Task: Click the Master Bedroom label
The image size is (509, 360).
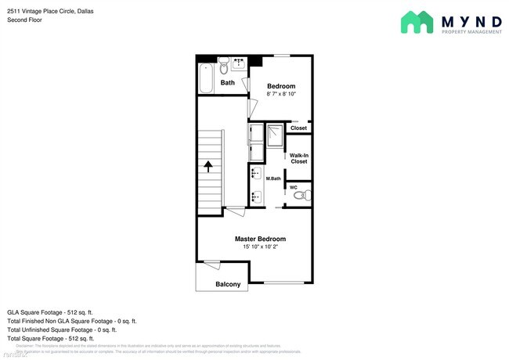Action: (260, 239)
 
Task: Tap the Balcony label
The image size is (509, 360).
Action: (228, 285)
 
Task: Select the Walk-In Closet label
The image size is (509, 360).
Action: (298, 159)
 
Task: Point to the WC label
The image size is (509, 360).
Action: (294, 187)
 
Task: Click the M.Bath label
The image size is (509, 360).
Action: (273, 179)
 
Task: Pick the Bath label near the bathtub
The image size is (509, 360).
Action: (227, 83)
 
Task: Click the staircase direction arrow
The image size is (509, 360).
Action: (209, 167)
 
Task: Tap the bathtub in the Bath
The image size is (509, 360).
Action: (206, 78)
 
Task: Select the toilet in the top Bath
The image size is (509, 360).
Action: (222, 61)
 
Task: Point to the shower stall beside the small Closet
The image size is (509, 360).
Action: (274, 137)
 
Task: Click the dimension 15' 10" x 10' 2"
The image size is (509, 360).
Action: (260, 247)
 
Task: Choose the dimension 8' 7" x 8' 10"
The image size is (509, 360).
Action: (280, 94)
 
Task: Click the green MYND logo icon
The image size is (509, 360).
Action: (417, 22)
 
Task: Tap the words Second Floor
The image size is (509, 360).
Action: (25, 20)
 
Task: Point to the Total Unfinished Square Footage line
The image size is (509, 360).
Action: (61, 329)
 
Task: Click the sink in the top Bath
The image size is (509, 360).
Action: (239, 62)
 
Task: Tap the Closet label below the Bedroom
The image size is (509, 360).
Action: (298, 128)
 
